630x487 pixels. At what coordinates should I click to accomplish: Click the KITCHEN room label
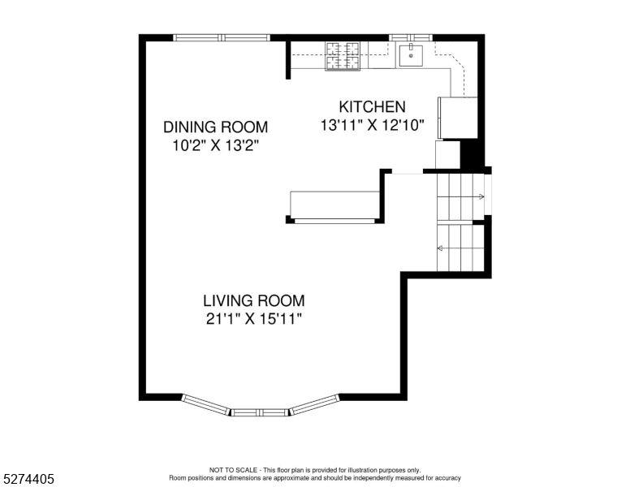point(372,107)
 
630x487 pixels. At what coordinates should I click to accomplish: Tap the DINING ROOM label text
point(215,127)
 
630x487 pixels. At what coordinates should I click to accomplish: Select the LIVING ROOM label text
point(253,300)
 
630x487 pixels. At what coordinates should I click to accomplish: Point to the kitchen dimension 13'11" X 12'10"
point(372,125)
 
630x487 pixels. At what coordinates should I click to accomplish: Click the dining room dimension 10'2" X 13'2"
point(215,145)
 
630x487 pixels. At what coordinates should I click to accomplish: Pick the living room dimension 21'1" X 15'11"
point(253,319)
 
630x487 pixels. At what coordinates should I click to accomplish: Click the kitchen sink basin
point(411,55)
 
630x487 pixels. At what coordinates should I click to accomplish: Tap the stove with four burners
point(343,56)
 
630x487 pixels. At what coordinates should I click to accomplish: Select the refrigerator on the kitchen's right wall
point(459,118)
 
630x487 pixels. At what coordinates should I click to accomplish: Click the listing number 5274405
point(28,479)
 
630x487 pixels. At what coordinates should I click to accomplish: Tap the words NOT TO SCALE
point(233,470)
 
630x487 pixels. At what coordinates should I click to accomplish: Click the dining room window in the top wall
point(222,38)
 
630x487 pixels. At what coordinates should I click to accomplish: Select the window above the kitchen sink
point(411,38)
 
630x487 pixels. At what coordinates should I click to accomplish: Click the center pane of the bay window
point(260,412)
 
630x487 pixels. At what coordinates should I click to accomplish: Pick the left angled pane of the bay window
point(205,404)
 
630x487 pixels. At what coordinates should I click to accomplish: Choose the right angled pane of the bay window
point(315,404)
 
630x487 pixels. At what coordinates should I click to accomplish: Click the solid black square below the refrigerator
point(469,155)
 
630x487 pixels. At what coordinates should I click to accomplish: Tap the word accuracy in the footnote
point(448,478)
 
